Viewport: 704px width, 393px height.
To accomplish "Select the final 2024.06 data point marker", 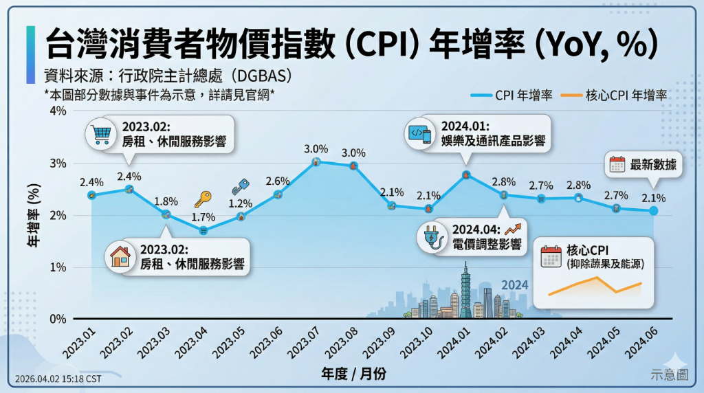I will (653, 211).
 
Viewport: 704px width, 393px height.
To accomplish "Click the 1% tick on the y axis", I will (57, 267).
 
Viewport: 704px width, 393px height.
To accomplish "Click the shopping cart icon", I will (100, 135).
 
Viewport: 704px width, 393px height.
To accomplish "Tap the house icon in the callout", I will (121, 256).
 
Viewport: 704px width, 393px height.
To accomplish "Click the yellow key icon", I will (202, 199).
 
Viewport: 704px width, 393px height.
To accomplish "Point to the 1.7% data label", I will (203, 217).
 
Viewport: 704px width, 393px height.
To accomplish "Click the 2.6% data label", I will (277, 181).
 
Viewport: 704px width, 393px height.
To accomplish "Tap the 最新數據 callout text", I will (652, 164).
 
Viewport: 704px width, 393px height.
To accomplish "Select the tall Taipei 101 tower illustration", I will (465, 289).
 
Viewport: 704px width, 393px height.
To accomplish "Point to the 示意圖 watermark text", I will (669, 374).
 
